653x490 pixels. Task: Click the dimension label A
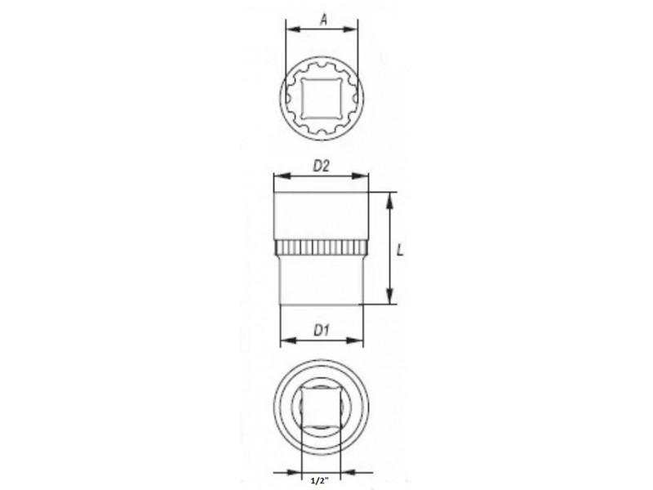pos(323,19)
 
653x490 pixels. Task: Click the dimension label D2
pos(321,167)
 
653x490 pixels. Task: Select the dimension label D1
pos(321,331)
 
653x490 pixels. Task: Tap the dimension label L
pos(400,250)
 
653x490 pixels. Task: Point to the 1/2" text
pos(319,481)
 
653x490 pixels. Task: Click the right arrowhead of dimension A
pos(350,29)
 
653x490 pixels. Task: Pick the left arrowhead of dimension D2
pos(282,176)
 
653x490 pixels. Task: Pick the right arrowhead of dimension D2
pos(360,176)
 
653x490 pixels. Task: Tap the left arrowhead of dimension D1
pos(288,341)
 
